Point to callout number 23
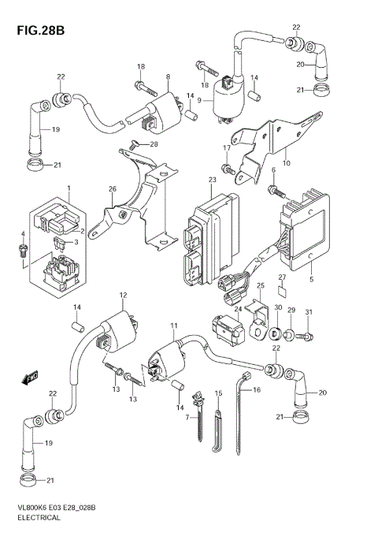coord(211,181)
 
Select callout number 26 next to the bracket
coord(113,189)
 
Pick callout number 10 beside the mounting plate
coord(286,163)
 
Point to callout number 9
coord(199,100)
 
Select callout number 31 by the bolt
coord(309,313)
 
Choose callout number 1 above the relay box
coord(69,189)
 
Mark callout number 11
coord(173,326)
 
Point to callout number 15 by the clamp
coord(219,393)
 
